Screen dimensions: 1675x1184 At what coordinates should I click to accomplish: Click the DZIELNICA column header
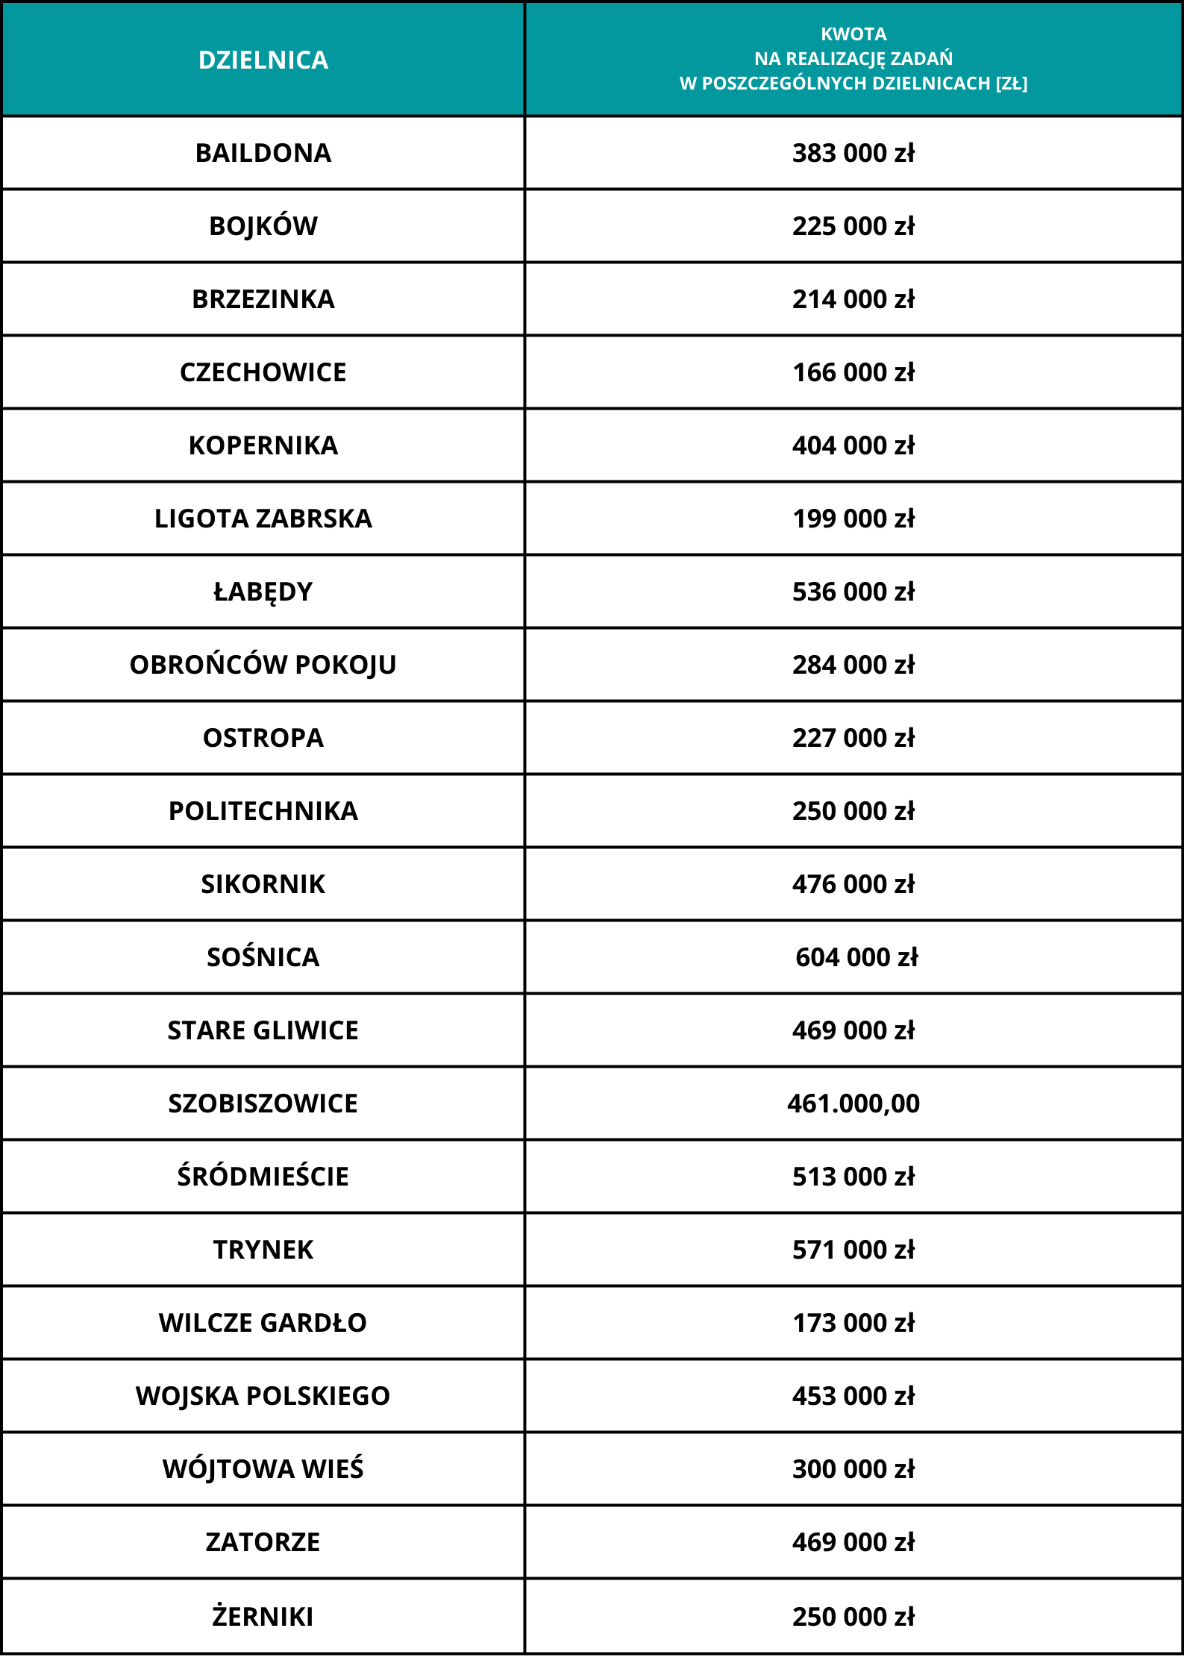[263, 60]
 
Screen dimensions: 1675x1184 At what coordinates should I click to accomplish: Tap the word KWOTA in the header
[853, 34]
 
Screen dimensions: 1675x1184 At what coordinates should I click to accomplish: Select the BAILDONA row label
[263, 153]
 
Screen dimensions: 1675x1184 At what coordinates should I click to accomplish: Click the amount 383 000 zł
[853, 153]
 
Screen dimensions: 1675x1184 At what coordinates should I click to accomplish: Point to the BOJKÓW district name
[263, 226]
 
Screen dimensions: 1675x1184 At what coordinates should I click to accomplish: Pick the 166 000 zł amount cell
[853, 372]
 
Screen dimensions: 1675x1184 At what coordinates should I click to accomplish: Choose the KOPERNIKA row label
[263, 445]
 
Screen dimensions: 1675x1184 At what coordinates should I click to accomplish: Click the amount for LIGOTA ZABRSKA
[853, 519]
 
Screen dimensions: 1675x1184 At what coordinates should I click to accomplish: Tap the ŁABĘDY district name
[263, 592]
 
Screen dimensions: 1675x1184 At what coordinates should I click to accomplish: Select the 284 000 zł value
[853, 665]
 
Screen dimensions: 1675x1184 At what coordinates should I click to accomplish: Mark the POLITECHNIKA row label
[263, 811]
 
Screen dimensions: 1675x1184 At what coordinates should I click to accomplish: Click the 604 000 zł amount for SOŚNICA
[856, 957]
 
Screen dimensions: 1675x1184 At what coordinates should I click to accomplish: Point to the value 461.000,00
[853, 1103]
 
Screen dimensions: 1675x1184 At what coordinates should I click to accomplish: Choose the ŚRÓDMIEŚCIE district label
[263, 1177]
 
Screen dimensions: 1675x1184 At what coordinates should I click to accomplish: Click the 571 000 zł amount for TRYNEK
[853, 1250]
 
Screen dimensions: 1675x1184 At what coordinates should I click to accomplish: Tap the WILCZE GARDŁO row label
[263, 1323]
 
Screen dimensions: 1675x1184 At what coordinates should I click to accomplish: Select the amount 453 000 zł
[853, 1396]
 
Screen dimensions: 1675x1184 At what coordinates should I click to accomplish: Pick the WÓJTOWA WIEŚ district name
[263, 1469]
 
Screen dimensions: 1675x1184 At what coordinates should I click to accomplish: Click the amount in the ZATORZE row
[853, 1542]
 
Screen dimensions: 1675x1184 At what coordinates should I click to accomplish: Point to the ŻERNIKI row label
[263, 1616]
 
